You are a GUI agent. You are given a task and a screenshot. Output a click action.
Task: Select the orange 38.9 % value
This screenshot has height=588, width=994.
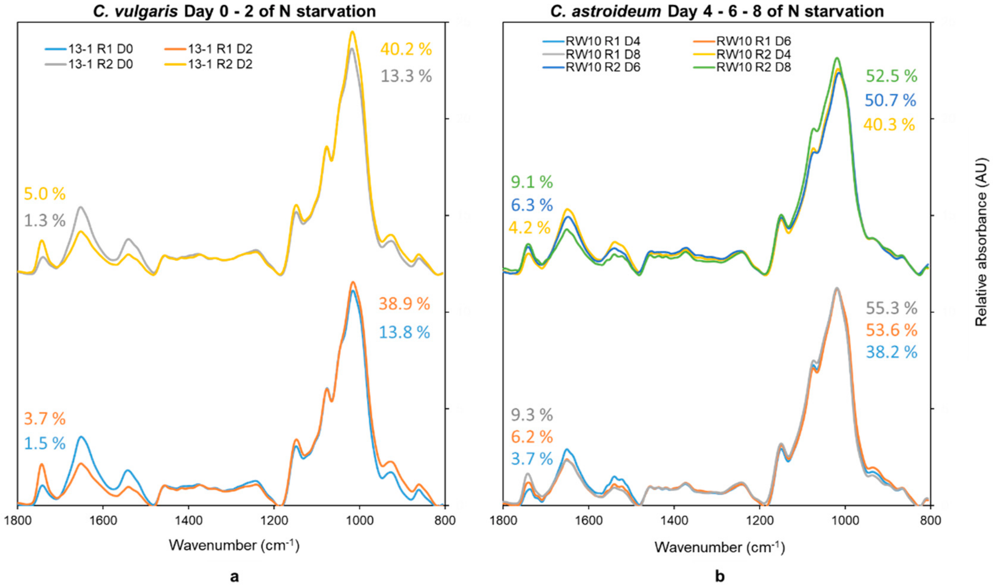click(404, 304)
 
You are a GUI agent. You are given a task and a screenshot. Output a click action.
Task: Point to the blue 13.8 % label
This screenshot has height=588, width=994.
click(404, 332)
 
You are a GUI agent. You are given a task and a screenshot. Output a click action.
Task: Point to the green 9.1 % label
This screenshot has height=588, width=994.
click(531, 182)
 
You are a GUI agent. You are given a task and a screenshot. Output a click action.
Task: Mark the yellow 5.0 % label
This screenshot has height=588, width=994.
click(45, 194)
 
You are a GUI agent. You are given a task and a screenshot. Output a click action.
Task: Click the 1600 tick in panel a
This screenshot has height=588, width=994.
click(103, 520)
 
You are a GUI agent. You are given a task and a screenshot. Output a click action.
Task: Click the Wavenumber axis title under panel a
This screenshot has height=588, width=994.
click(234, 545)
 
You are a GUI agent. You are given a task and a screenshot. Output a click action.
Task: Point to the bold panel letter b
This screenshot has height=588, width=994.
click(720, 576)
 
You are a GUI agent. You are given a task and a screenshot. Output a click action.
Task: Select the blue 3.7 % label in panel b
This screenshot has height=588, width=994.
click(531, 459)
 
